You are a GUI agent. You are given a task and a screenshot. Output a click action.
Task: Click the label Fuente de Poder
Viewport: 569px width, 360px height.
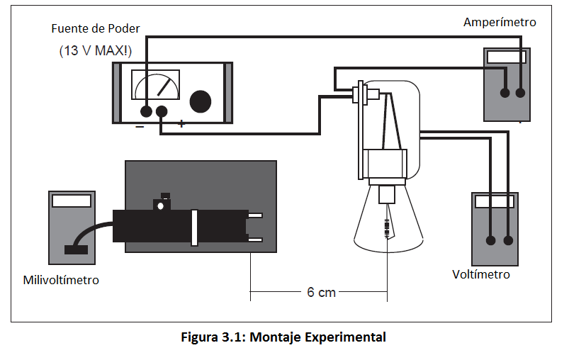tap(96, 29)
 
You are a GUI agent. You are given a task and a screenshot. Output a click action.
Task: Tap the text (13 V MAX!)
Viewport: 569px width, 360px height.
tap(96, 50)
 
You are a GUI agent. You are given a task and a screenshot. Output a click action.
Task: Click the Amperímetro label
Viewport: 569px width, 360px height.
tap(500, 22)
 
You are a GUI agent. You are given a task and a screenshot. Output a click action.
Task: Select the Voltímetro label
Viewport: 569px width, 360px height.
tap(480, 274)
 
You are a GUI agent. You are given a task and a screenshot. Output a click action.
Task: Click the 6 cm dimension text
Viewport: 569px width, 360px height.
tap(321, 292)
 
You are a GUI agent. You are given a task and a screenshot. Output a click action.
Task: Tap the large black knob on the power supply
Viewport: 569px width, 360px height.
tap(200, 101)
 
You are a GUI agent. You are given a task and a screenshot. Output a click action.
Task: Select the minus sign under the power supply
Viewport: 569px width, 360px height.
tap(140, 125)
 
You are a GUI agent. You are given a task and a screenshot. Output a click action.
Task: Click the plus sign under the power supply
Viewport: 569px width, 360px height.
tap(181, 124)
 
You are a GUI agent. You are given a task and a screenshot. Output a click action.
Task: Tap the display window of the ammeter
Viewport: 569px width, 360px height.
tap(506, 58)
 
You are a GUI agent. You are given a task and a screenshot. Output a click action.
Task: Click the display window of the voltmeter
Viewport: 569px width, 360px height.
tap(494, 202)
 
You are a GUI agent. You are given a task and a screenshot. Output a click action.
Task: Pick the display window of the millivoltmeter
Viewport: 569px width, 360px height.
tap(71, 200)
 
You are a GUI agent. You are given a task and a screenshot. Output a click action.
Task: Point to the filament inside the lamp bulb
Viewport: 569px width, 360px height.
tap(387, 228)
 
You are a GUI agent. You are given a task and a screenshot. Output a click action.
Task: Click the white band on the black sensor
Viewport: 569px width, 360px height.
tap(193, 227)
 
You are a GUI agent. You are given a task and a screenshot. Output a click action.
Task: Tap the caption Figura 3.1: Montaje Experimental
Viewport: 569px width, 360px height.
tap(284, 337)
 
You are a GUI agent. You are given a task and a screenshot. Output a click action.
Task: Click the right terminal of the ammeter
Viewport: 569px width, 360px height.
tap(521, 93)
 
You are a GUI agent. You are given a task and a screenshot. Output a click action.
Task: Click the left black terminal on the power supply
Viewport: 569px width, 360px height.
tap(146, 111)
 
